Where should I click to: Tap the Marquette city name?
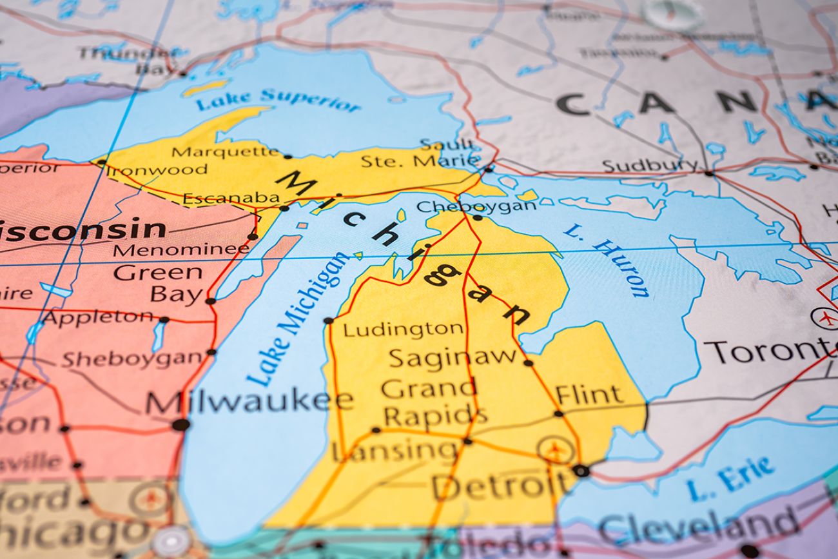[x=226, y=152]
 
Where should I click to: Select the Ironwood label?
[x=157, y=170]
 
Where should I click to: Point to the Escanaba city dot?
[x=284, y=208]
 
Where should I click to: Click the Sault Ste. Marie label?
[x=420, y=153]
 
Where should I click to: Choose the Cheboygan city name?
[x=476, y=206]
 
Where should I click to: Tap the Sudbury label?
[x=650, y=166]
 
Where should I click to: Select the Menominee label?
[x=181, y=250]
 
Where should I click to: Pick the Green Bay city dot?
[x=210, y=300]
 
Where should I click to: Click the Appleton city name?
[x=98, y=317]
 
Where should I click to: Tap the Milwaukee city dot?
[x=180, y=424]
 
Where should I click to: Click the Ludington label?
[x=402, y=329]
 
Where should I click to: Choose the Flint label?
[x=589, y=394]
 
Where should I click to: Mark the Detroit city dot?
[x=580, y=471]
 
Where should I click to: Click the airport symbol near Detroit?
[x=556, y=449]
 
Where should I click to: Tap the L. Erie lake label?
[x=730, y=479]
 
